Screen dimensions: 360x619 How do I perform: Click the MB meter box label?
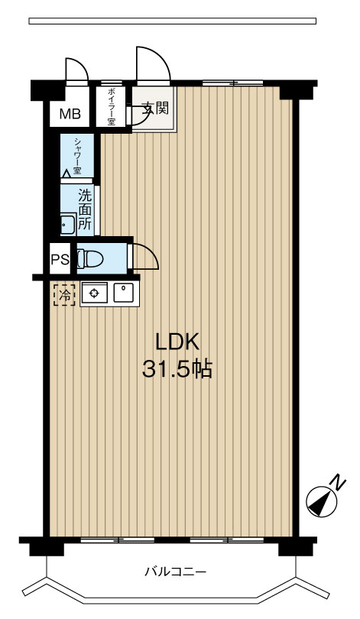pos(70,114)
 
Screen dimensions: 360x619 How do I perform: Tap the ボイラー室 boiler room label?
pos(111,106)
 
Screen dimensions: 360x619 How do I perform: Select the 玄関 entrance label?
pos(155,108)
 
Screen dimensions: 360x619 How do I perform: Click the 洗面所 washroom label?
pos(85,209)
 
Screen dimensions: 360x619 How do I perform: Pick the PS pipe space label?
pos(60,260)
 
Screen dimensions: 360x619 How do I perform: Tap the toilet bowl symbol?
pos(89,259)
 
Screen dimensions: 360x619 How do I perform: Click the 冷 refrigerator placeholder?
pos(64,294)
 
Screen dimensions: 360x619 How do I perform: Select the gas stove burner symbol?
pos(94,293)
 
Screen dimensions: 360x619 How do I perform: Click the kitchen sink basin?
pos(125,293)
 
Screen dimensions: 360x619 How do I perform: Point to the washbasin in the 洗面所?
pos(68,225)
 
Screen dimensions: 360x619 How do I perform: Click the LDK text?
pos(177,342)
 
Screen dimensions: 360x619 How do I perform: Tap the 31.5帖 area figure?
pos(177,369)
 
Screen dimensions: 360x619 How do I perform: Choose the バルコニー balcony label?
pos(176,571)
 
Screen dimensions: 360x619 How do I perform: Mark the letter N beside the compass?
pos(338,481)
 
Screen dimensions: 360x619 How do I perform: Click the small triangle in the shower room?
pos(66,173)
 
